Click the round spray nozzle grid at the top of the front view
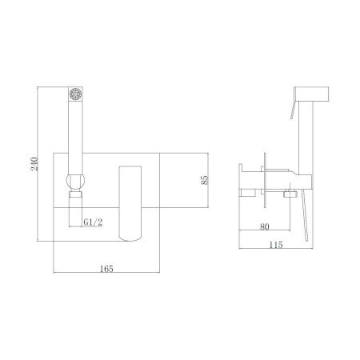coord(76,92)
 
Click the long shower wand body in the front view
coord(76,132)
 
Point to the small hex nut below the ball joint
coord(75,194)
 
